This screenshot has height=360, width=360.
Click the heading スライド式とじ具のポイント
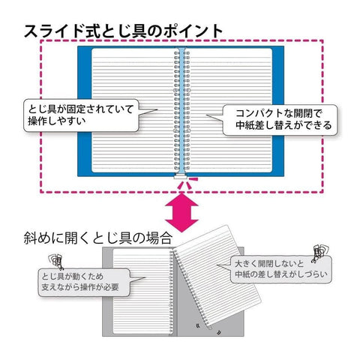click(123, 31)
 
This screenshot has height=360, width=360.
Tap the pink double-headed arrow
click(181, 213)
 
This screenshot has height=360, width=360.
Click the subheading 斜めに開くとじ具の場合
click(97, 238)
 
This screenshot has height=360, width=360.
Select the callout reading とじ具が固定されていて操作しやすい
click(81, 115)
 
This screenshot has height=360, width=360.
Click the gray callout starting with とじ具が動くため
click(84, 282)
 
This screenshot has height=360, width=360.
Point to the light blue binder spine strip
click(181, 110)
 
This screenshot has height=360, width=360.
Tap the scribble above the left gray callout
click(55, 261)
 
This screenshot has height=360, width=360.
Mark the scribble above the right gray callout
click(321, 253)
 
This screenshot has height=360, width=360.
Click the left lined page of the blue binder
click(133, 110)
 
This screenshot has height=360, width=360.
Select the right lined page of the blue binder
click(229, 110)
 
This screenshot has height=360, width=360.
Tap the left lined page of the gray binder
click(142, 291)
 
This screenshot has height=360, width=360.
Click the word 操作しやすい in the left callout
click(57, 121)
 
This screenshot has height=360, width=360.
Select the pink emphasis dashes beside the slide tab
click(188, 183)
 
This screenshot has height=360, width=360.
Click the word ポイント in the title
click(193, 31)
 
